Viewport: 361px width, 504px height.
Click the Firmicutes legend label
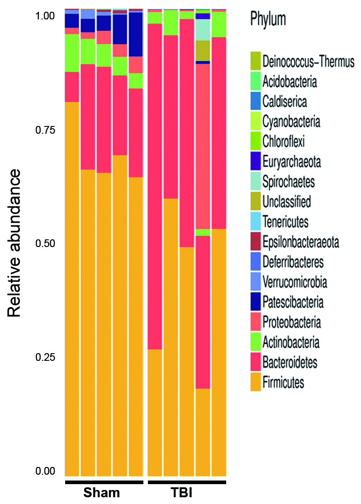tap(283, 383)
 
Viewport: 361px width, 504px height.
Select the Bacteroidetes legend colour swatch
tap(256, 363)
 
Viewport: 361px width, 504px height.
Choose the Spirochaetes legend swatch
tap(256, 182)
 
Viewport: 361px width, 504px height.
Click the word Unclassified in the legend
tap(286, 202)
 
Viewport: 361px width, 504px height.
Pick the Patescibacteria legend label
tap(293, 302)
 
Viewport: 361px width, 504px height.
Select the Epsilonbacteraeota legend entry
tap(300, 243)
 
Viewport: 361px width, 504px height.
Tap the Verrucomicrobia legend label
tap(294, 282)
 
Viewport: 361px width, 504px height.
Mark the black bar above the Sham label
tap(104, 482)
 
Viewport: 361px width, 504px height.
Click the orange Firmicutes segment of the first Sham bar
tap(72, 289)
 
